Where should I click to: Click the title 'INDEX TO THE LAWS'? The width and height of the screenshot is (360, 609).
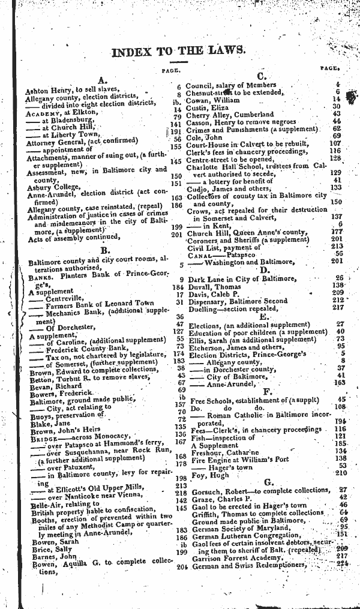[178, 52]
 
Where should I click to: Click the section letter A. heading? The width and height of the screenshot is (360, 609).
[102, 79]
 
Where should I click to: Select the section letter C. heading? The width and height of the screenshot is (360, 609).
[262, 76]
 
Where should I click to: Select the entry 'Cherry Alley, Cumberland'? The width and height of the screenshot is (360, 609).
[229, 114]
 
